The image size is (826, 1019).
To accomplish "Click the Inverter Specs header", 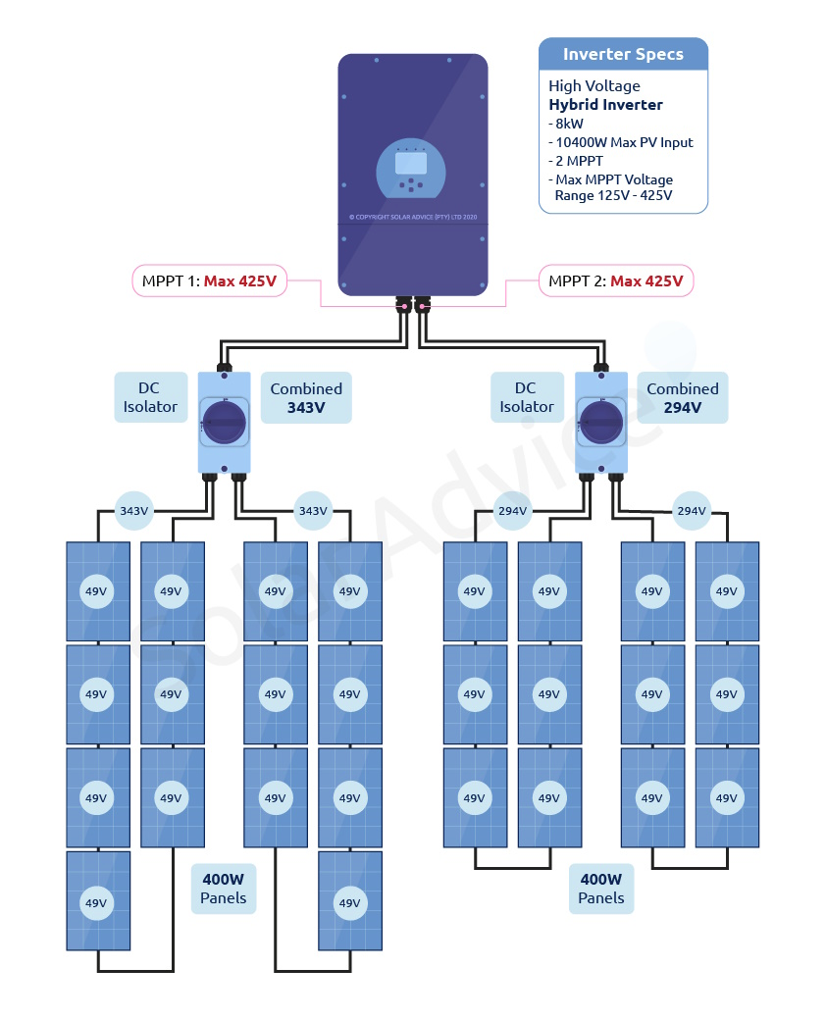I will click(623, 54).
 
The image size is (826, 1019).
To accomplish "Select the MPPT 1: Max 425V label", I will click(208, 281).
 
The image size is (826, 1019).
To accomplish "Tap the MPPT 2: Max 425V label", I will click(616, 281).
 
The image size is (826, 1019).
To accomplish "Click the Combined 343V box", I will click(306, 397).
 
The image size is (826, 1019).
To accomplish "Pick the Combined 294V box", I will click(682, 397).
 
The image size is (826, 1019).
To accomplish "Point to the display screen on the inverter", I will click(411, 162).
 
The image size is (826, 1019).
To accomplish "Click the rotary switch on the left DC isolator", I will click(225, 422).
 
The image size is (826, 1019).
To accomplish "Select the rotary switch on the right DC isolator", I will click(601, 422).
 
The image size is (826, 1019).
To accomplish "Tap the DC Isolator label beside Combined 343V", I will click(150, 397).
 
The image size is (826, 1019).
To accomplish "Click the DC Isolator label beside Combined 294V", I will click(527, 397).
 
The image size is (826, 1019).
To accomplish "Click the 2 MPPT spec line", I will click(579, 161).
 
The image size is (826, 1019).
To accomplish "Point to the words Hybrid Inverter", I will click(605, 105).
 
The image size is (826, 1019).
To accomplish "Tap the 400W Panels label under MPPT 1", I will click(224, 889).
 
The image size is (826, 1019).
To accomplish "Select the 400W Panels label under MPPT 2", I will click(601, 889).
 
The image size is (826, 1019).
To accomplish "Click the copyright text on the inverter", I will click(412, 217).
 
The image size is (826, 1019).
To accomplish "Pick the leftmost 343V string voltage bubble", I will click(134, 511).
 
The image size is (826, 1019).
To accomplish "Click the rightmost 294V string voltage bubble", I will click(692, 511).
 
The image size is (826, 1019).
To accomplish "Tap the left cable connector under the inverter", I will click(402, 306).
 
